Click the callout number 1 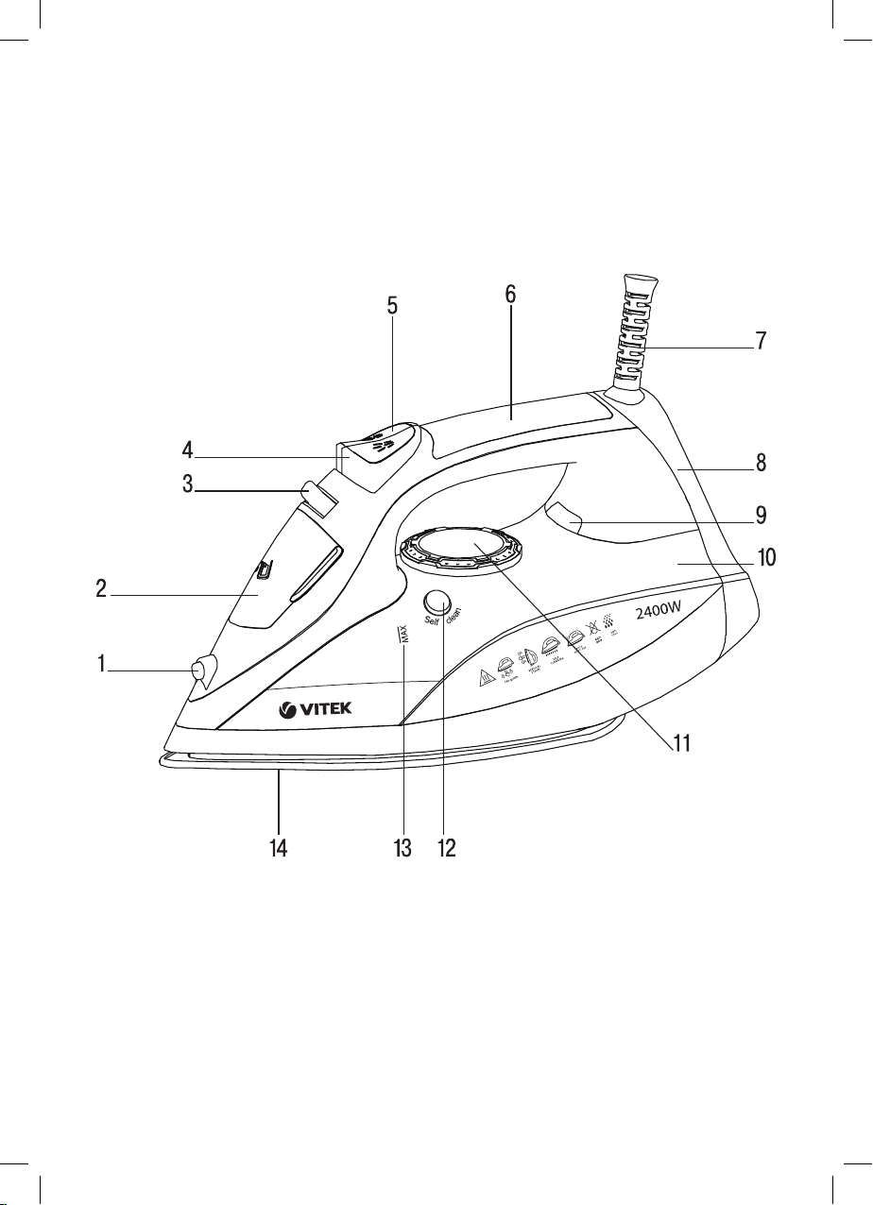tap(100, 665)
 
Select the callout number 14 tap(278, 847)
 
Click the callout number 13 tap(403, 847)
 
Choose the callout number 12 tap(446, 847)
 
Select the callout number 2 tap(100, 590)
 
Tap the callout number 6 tap(510, 294)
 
